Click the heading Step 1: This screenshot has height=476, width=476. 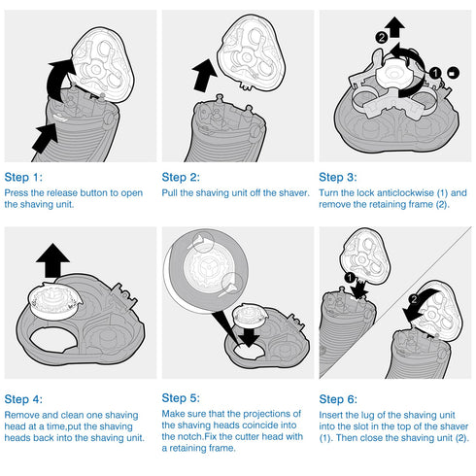(23, 178)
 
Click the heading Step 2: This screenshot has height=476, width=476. (181, 178)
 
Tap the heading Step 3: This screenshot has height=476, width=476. (338, 178)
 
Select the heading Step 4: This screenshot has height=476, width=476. (23, 399)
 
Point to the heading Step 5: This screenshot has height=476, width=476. (181, 398)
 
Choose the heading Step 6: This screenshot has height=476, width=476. (338, 399)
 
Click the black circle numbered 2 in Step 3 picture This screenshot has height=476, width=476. (382, 38)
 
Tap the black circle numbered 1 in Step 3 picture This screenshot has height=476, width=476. (435, 73)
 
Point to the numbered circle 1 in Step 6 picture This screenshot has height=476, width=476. (350, 278)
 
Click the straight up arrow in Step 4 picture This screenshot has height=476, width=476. (52, 261)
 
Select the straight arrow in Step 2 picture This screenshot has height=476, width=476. (204, 76)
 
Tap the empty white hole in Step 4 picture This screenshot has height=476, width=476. (53, 340)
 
